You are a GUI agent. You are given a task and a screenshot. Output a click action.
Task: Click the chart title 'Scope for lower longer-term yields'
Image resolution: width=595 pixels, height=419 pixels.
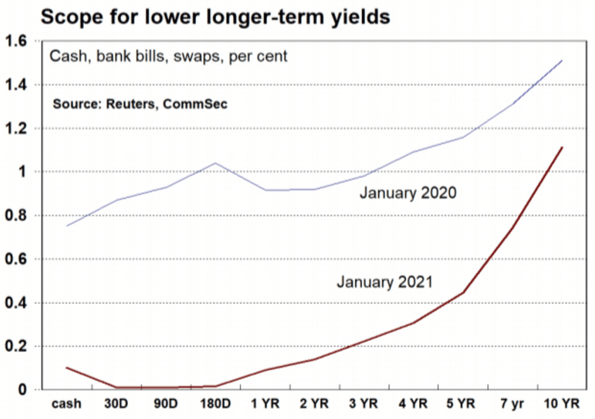(x=215, y=17)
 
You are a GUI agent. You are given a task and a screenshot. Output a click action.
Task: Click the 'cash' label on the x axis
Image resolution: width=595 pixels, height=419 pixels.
(x=66, y=404)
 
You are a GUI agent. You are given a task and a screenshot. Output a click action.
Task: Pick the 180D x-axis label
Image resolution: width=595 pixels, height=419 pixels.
(x=215, y=404)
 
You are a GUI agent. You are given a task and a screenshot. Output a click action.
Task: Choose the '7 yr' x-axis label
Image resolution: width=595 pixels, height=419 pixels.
(x=512, y=404)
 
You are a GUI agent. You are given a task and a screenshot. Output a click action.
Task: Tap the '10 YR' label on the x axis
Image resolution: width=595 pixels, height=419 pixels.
(x=562, y=404)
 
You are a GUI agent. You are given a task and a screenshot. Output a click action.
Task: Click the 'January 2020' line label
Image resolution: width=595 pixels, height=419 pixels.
(x=408, y=194)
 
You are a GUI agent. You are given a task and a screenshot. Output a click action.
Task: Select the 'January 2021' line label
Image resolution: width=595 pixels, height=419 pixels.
(x=385, y=282)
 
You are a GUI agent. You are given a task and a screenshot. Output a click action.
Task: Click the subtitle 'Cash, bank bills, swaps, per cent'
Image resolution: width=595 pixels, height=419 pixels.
(x=168, y=56)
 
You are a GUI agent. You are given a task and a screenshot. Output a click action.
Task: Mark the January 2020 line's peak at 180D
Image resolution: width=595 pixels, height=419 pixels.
(x=215, y=163)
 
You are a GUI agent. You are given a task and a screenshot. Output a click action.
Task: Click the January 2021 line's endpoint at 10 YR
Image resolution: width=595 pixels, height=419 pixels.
(x=563, y=147)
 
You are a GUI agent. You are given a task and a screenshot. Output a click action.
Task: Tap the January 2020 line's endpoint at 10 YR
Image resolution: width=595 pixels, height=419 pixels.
(x=563, y=61)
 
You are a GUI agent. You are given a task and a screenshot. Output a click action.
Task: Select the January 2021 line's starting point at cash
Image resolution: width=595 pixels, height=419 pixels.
(x=66, y=368)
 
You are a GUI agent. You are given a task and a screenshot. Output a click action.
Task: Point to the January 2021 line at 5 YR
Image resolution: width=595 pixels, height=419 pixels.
(x=463, y=293)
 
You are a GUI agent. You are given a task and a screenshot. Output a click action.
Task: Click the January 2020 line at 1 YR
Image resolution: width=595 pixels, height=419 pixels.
(x=265, y=190)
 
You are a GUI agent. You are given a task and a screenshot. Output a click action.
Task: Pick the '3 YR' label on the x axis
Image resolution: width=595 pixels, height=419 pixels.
(x=364, y=404)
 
